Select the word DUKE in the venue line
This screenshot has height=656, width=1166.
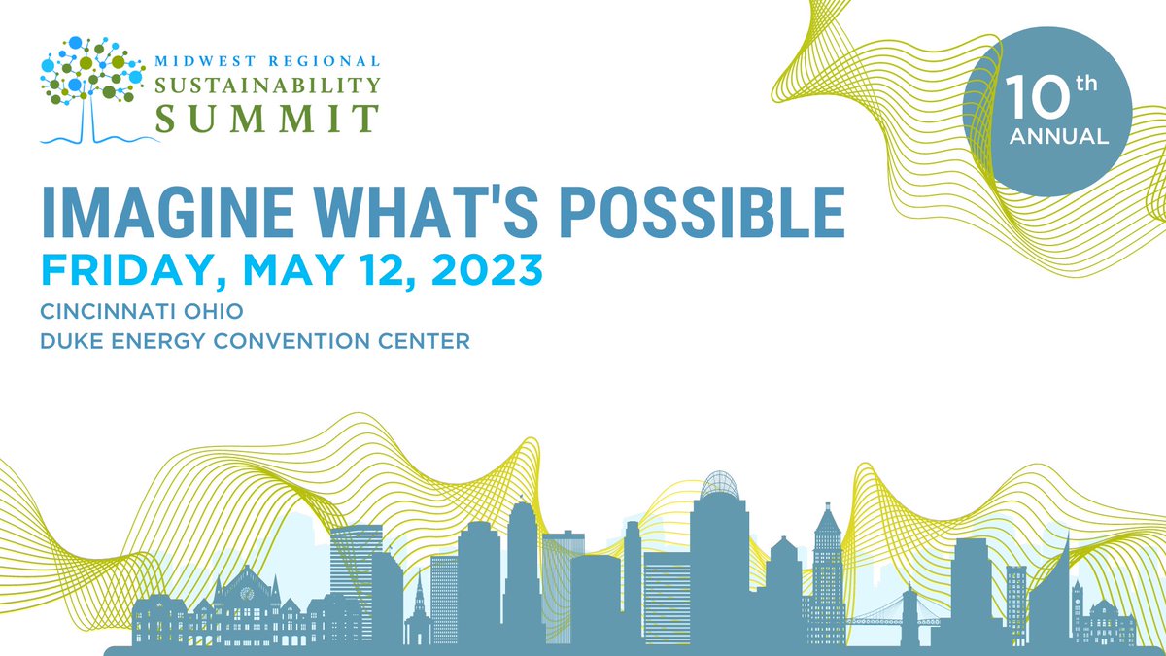71,343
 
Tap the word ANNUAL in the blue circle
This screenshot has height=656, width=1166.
1058,136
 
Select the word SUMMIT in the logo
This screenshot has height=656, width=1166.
267,117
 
